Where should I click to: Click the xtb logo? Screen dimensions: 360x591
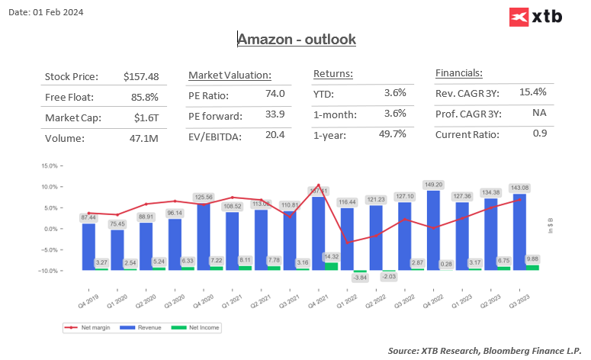coord(535,16)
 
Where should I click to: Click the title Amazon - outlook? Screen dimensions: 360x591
coord(296,39)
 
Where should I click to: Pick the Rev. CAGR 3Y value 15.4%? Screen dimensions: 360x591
coord(533,92)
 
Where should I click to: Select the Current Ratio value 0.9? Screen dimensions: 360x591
coord(539,134)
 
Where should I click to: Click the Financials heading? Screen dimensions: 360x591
coord(458,74)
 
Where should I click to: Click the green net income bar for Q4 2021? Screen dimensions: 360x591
coord(330,266)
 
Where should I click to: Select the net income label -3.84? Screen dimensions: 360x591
coord(359,278)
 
